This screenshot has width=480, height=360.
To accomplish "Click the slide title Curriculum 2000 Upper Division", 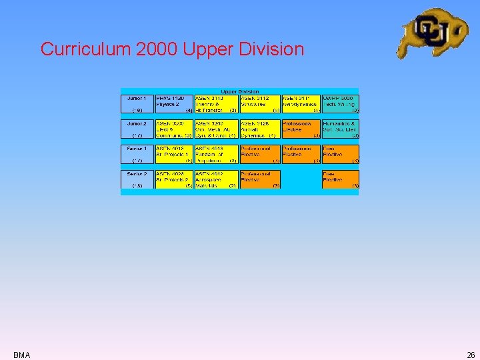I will coord(172,49).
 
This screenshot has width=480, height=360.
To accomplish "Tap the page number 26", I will coord(471,354).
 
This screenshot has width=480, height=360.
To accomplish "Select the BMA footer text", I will coord(21,354).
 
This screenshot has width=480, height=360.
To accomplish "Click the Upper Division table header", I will coord(239,91).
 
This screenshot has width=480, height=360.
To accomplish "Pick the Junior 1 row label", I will coord(137,103).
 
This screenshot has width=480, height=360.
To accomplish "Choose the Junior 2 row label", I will coord(137,129).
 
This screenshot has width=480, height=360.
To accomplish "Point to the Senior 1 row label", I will coord(137,154).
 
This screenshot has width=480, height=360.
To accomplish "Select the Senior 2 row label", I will coord(137,179).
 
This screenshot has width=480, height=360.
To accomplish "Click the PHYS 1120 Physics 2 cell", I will coord(173,103).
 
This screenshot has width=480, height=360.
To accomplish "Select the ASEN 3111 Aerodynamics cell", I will coord(301,103).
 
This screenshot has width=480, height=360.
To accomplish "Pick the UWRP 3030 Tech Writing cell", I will coord(340,103).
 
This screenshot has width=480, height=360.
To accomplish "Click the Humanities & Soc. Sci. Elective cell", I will coord(340,129).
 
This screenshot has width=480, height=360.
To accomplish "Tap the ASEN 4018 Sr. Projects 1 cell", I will coord(173,154).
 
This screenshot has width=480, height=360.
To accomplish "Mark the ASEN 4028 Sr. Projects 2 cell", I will coord(173,179).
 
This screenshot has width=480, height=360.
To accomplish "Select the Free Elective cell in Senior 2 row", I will coord(340,179).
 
